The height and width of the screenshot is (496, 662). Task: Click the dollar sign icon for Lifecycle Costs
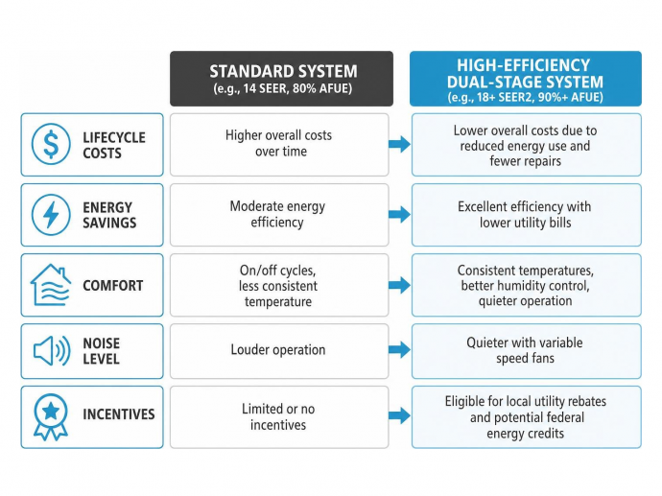click(x=51, y=144)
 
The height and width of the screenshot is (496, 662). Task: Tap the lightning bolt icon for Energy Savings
click(x=51, y=215)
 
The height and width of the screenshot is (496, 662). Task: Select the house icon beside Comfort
click(x=51, y=285)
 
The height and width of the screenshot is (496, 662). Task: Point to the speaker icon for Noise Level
click(x=52, y=351)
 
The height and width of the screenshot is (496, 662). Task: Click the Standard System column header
click(x=282, y=79)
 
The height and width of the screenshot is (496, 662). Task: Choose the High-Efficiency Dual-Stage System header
click(x=526, y=79)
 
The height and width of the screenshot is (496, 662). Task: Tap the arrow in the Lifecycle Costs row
click(x=399, y=144)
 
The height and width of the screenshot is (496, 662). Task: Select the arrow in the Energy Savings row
click(x=399, y=215)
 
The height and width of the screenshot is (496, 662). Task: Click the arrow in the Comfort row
click(x=399, y=285)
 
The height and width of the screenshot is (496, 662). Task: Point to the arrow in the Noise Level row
click(x=399, y=349)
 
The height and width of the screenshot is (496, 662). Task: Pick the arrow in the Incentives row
click(x=399, y=415)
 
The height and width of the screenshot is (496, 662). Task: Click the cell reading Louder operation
click(x=279, y=351)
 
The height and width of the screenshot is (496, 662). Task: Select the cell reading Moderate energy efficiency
click(x=279, y=215)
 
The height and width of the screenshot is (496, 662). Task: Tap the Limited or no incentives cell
click(x=279, y=417)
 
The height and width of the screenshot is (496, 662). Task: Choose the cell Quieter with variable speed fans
click(x=527, y=351)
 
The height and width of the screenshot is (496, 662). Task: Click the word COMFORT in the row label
click(x=112, y=286)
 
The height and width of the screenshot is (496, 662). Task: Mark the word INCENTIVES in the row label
click(x=119, y=414)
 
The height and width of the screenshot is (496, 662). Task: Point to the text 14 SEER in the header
click(x=258, y=88)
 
